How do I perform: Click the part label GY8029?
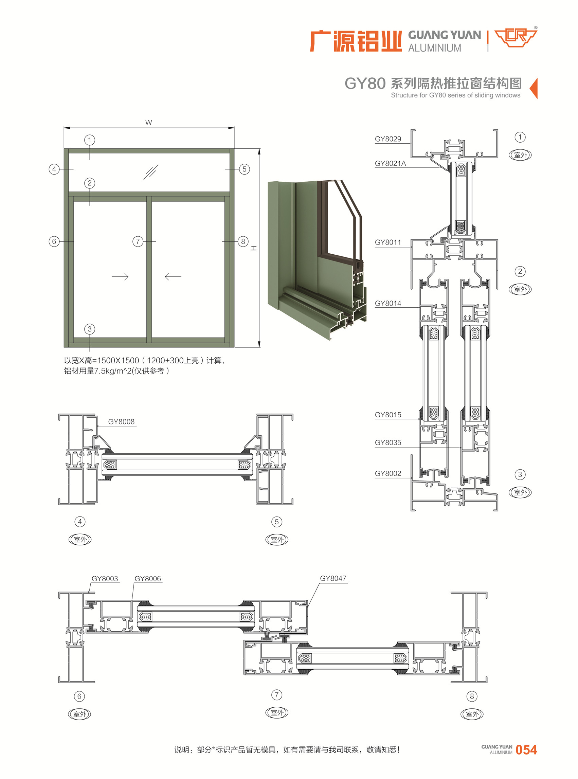(x=388, y=139)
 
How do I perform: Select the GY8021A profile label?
(x=390, y=163)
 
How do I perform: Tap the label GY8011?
(x=388, y=242)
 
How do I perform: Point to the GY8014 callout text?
(x=388, y=303)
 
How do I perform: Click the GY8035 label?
(x=388, y=442)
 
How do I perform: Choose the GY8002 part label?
(x=388, y=473)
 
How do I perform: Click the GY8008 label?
(x=121, y=421)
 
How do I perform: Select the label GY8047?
(x=333, y=578)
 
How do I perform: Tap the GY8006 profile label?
(x=148, y=579)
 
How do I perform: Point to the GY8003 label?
(x=105, y=579)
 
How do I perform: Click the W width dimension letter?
(x=148, y=123)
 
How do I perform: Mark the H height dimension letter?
(x=254, y=248)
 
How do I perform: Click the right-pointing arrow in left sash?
(x=120, y=277)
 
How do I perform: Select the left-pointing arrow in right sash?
(x=173, y=277)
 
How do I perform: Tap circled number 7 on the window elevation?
(x=138, y=241)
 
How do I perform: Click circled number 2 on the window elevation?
(x=90, y=183)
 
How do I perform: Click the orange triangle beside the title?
(x=534, y=89)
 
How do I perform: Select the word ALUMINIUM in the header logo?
(x=435, y=48)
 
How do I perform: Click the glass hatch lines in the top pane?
(x=151, y=172)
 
